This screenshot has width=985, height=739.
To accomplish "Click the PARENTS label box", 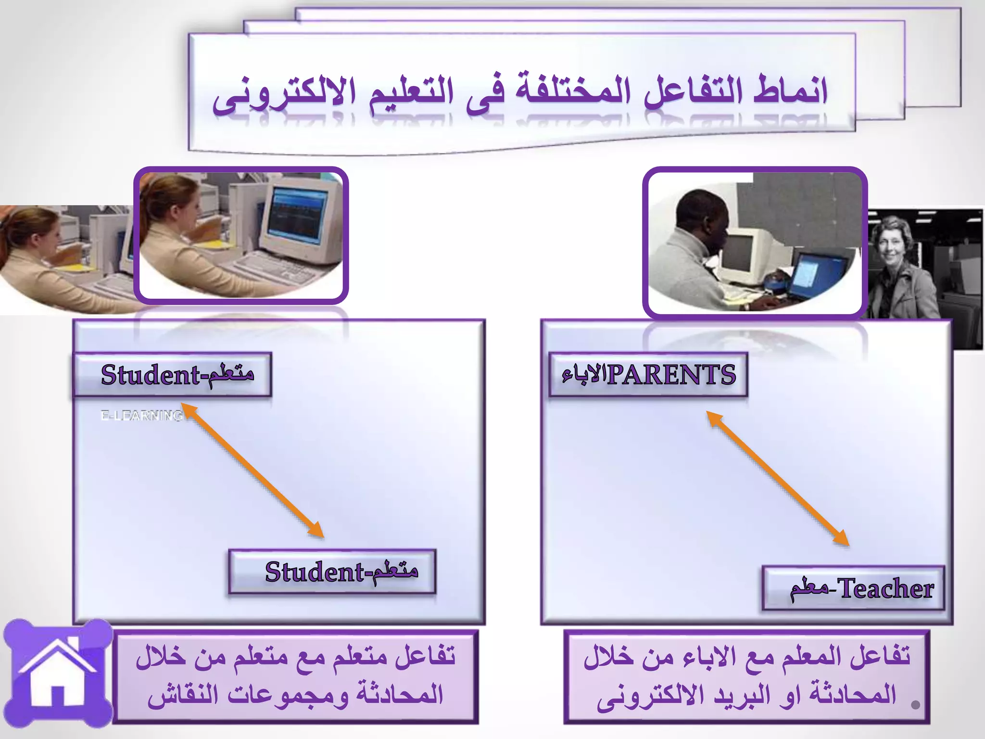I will (648, 375).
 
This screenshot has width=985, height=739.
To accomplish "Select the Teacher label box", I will (853, 588).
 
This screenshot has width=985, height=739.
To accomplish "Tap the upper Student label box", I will (172, 375).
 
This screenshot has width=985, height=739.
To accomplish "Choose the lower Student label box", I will (332, 572).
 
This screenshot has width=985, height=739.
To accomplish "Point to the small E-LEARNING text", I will (141, 415).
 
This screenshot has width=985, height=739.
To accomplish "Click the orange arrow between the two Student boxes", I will (253, 471).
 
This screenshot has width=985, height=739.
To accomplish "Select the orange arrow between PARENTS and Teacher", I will (778, 479).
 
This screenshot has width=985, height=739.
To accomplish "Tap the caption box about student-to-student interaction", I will (295, 676).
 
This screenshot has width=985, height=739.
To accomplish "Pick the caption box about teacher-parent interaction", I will (746, 676).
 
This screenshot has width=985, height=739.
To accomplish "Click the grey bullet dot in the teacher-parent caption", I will (915, 705).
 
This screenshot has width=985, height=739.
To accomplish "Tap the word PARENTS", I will (671, 375).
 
